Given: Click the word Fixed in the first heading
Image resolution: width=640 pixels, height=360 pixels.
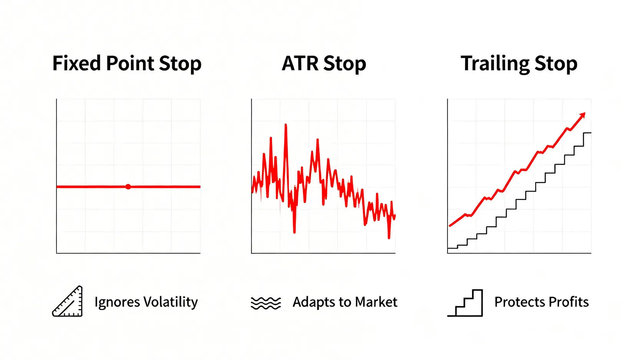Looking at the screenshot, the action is [x=76, y=63].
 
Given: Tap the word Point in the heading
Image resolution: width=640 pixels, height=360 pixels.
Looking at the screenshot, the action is [x=130, y=63].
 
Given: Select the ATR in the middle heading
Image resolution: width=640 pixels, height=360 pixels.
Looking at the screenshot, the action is [x=300, y=63].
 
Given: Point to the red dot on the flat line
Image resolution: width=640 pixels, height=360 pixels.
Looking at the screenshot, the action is [x=128, y=187].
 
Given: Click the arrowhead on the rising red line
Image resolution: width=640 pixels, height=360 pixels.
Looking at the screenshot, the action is [x=582, y=115].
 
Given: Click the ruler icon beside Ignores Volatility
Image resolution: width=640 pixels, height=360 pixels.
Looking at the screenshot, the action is [x=68, y=301].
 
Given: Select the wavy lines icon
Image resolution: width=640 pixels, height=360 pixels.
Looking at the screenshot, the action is [x=266, y=303].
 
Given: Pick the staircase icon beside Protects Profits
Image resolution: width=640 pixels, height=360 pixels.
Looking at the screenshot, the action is [x=465, y=303].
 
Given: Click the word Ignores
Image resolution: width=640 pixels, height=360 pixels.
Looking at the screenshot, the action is [x=117, y=302].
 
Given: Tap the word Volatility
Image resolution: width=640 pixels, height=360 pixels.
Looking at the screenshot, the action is [x=171, y=302].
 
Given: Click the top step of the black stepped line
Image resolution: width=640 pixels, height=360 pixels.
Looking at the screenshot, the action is [x=587, y=133].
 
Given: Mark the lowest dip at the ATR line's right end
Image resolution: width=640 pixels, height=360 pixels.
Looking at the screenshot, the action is [x=389, y=237].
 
